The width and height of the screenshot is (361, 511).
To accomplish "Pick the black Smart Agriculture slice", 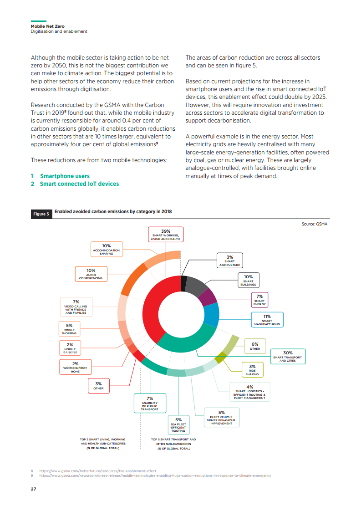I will pos(183,283).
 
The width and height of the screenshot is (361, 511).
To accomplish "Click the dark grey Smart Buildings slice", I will pos(196,286).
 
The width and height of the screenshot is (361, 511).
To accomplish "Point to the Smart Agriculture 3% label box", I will pos(229,261).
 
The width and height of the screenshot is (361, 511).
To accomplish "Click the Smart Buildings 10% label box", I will pos(248,280).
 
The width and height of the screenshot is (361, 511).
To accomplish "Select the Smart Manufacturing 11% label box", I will pos(267,319).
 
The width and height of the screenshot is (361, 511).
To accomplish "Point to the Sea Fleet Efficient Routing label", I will pos(178,424).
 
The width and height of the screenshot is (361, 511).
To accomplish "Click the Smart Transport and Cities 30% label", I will pos(287,356).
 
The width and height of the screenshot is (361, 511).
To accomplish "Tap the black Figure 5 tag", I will pos(41,214).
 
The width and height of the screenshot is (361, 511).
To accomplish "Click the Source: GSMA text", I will pos(314,224).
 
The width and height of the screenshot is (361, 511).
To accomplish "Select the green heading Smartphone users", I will pos(65,176).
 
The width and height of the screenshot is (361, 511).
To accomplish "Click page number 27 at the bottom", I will pos(33,489).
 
